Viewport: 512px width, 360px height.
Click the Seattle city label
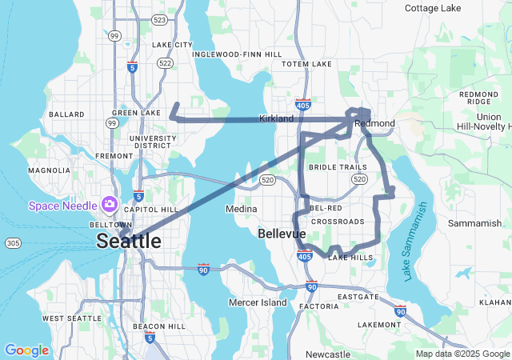coord(128,241)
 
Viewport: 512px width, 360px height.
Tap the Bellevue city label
coord(282,234)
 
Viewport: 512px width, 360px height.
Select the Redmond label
coord(374,123)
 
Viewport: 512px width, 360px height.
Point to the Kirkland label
coord(276,118)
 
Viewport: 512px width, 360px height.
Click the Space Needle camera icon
coord(108,206)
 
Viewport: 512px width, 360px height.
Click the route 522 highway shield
coord(166,62)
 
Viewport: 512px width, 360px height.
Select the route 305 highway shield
coord(12,242)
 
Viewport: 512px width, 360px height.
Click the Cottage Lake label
coord(433,8)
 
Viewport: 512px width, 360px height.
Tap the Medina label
coord(242,209)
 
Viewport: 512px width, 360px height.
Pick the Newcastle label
coord(327,354)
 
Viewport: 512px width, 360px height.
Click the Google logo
coord(26,350)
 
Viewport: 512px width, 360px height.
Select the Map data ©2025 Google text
coord(462,354)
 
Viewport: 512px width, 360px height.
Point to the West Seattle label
coord(71,318)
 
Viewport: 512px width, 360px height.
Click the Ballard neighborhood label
coord(66,114)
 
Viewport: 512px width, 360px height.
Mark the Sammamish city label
coord(474,223)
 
